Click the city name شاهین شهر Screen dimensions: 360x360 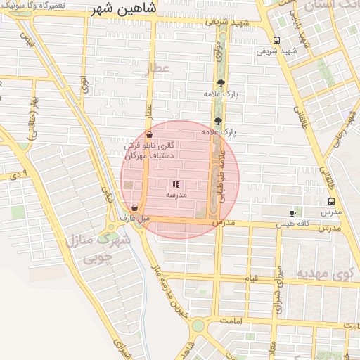[129, 12]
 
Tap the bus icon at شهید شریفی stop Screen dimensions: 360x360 [276, 40]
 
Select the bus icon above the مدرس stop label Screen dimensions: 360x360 [331, 201]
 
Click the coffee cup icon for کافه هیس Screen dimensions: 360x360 [293, 213]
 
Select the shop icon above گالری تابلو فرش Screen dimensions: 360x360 [149, 134]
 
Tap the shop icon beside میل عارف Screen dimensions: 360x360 [134, 207]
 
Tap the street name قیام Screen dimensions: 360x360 [251, 280]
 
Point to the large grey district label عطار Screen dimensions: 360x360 [158, 69]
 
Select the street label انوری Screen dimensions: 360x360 [84, 86]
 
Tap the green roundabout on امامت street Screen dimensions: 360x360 [198, 326]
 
